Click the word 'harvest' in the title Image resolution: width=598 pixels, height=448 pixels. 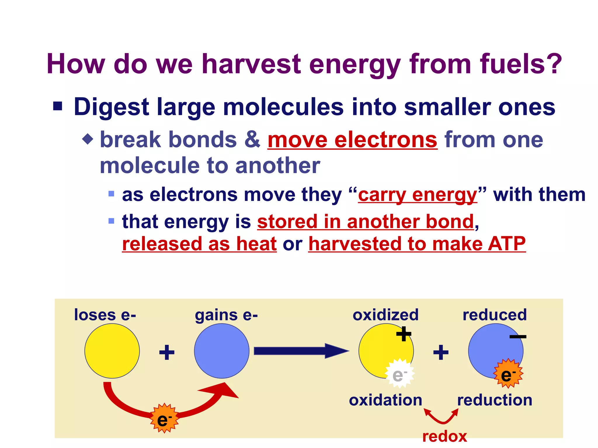(251, 64)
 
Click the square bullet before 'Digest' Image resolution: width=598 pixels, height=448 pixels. (58, 106)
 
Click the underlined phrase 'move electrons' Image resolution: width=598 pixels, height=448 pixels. (352, 140)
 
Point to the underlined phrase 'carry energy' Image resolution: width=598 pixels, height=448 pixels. (418, 195)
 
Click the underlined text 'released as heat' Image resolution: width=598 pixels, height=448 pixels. (199, 244)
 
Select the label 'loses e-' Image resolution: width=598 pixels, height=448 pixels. (105, 315)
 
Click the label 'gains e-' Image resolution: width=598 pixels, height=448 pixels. (226, 315)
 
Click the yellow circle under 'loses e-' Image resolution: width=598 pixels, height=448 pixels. (112, 351)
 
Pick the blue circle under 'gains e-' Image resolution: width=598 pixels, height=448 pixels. (222, 351)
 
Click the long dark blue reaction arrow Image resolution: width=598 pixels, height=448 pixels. (301, 351)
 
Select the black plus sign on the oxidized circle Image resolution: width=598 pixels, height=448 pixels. (404, 334)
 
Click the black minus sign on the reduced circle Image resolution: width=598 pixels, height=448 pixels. (518, 337)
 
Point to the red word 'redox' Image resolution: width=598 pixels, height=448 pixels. (445, 437)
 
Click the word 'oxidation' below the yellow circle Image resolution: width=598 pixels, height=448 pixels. (385, 400)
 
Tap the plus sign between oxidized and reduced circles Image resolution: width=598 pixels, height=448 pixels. (441, 352)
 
